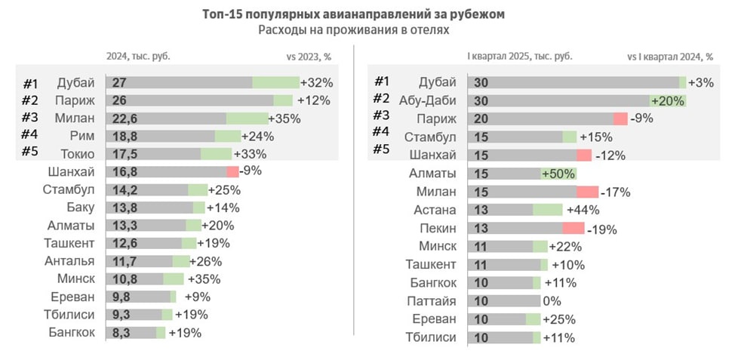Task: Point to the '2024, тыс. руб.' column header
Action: click(x=138, y=57)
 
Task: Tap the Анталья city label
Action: click(x=69, y=261)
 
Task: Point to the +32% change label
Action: click(x=316, y=82)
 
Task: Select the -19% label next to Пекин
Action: click(x=601, y=229)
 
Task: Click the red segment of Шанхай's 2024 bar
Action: click(x=232, y=171)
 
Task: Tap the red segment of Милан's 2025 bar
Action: click(x=587, y=192)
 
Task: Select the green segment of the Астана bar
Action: click(x=548, y=210)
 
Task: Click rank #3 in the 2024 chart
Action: click(x=31, y=118)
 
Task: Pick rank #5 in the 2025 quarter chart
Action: click(x=383, y=149)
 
